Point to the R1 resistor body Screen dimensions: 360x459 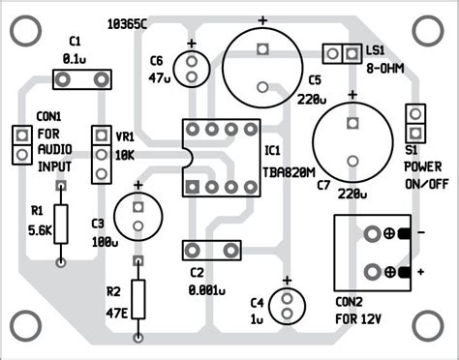[x=62, y=224]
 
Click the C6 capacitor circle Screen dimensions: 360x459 [x=193, y=69]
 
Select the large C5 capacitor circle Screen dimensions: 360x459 [x=261, y=62]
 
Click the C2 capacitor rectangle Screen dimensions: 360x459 [x=207, y=251]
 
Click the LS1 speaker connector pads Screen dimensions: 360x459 [x=335, y=51]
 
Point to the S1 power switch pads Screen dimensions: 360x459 [x=416, y=123]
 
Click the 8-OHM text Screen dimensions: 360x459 [x=386, y=68]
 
